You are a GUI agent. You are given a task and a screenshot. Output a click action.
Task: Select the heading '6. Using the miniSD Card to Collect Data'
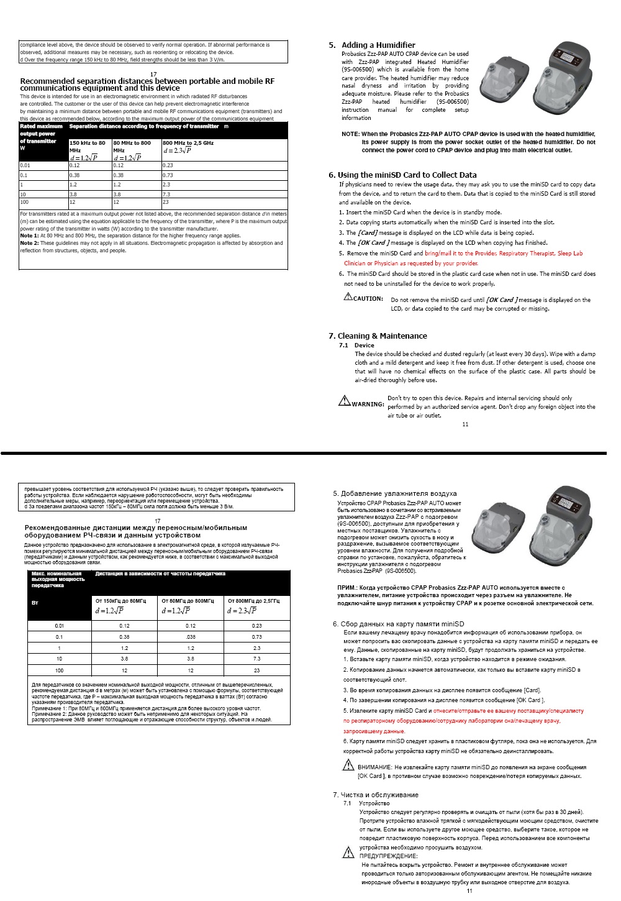pyautogui.click(x=402, y=175)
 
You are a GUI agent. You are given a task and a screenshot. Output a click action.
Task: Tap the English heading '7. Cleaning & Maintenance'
pyautogui.click(x=378, y=336)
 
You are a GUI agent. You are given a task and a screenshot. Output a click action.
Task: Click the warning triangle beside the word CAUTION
pyautogui.click(x=348, y=296)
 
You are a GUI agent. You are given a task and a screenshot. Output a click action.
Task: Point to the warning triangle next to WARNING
pyautogui.click(x=344, y=401)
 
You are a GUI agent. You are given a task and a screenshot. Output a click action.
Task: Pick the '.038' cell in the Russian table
pyautogui.click(x=191, y=637)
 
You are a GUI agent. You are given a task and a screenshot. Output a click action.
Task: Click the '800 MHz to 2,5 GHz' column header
pyautogui.click(x=188, y=143)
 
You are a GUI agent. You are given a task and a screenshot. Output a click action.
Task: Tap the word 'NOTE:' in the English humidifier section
pyautogui.click(x=350, y=134)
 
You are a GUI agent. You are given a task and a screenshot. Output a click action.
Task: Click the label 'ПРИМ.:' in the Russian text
pyautogui.click(x=347, y=587)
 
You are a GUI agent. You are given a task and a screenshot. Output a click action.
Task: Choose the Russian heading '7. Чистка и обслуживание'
pyautogui.click(x=376, y=795)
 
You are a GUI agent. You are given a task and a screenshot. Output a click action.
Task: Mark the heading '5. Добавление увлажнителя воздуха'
pyautogui.click(x=394, y=493)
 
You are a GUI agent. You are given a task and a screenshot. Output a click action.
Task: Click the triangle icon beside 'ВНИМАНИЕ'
pyautogui.click(x=348, y=766)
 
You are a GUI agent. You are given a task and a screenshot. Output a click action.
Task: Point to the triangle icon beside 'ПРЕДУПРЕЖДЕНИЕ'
pyautogui.click(x=348, y=853)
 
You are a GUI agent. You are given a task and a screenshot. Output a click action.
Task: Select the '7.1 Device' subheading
pyautogui.click(x=356, y=345)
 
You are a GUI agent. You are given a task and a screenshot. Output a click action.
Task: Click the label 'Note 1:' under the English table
pyautogui.click(x=29, y=236)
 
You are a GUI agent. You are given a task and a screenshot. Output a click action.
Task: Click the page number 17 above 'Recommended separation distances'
pyautogui.click(x=153, y=75)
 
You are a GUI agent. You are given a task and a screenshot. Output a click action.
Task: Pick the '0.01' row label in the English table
pyautogui.click(x=25, y=165)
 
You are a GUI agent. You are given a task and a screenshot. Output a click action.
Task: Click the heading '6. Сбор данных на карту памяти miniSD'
pyautogui.click(x=398, y=624)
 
